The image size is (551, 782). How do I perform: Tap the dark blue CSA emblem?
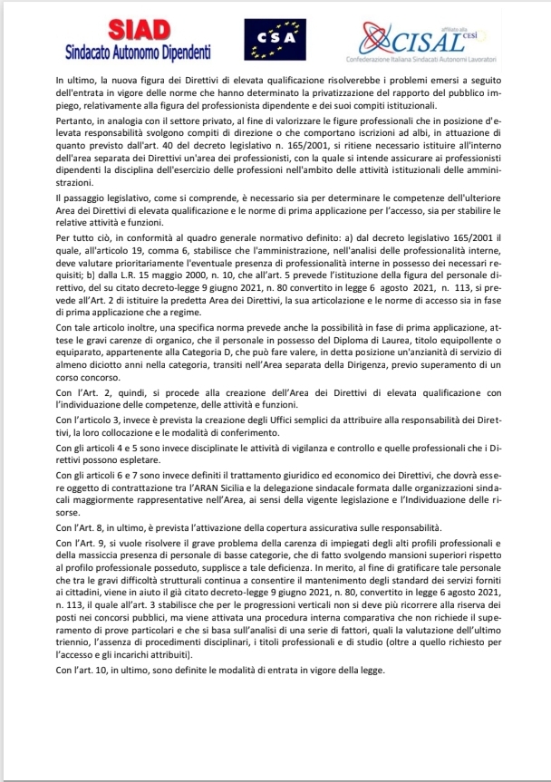click(x=269, y=40)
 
